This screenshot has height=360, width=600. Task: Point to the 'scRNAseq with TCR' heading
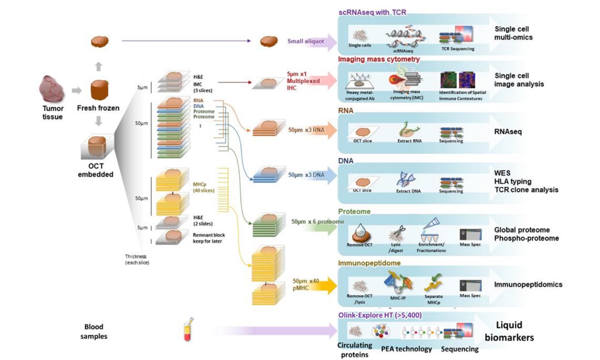coord(373,11)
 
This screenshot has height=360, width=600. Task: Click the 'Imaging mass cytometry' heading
coord(378,59)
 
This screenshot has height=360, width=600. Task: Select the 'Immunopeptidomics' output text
coord(528,285)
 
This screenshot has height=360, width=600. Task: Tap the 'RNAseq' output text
coord(508,132)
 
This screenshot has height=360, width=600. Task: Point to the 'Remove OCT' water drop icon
coord(361,230)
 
